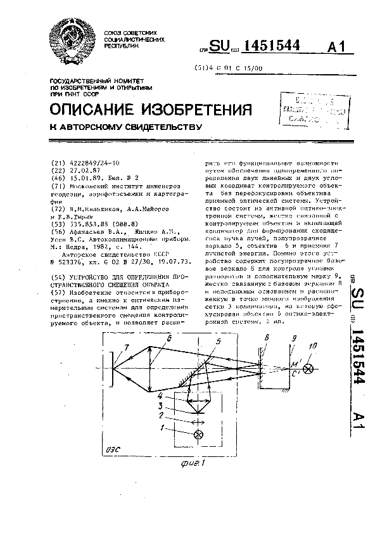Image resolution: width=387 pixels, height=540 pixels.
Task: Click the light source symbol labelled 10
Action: point(309,367)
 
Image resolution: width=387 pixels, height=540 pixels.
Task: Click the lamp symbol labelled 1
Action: point(200,434)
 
